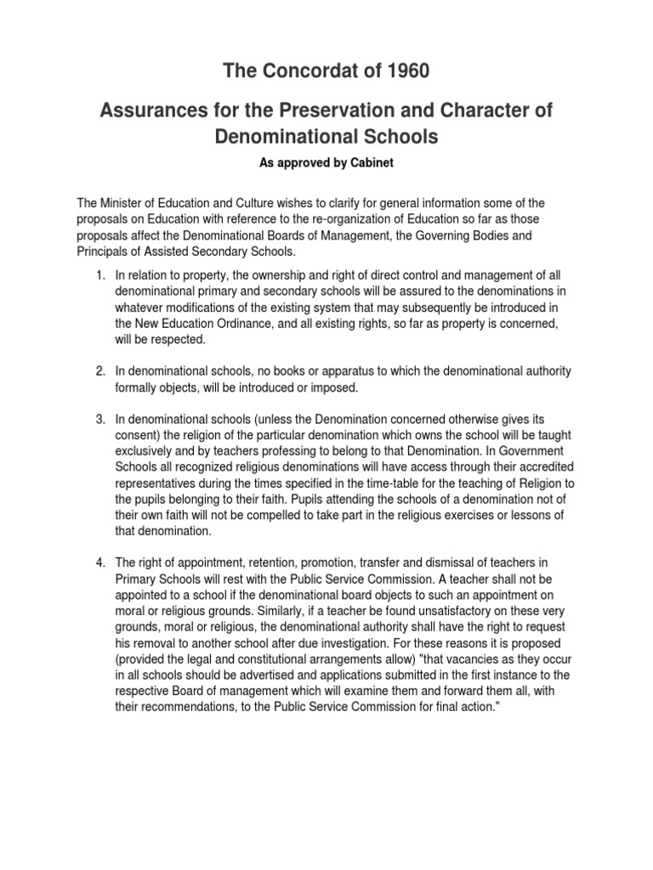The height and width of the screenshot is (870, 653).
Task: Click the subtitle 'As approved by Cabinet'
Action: point(326,162)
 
